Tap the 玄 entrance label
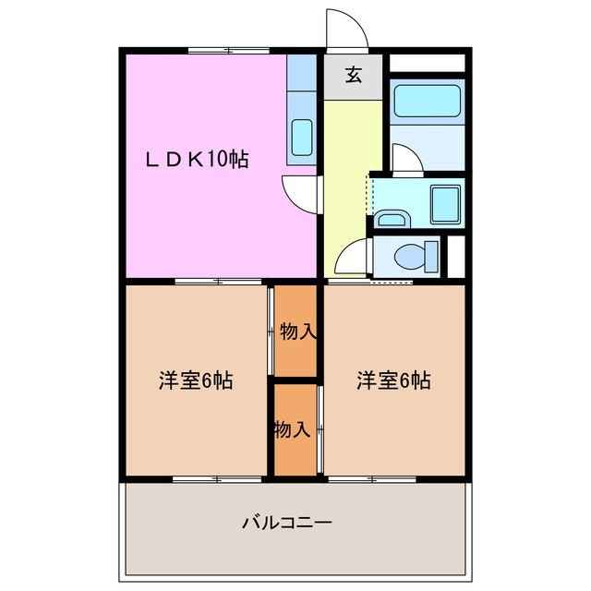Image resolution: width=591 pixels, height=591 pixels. point(353,77)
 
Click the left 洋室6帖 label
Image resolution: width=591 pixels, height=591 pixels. point(195,380)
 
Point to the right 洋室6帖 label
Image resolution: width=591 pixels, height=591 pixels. point(394,380)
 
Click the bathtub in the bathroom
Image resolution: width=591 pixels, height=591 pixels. point(426,103)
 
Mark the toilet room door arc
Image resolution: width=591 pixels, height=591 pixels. point(352,257)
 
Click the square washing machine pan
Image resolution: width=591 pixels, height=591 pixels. point(446,203)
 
